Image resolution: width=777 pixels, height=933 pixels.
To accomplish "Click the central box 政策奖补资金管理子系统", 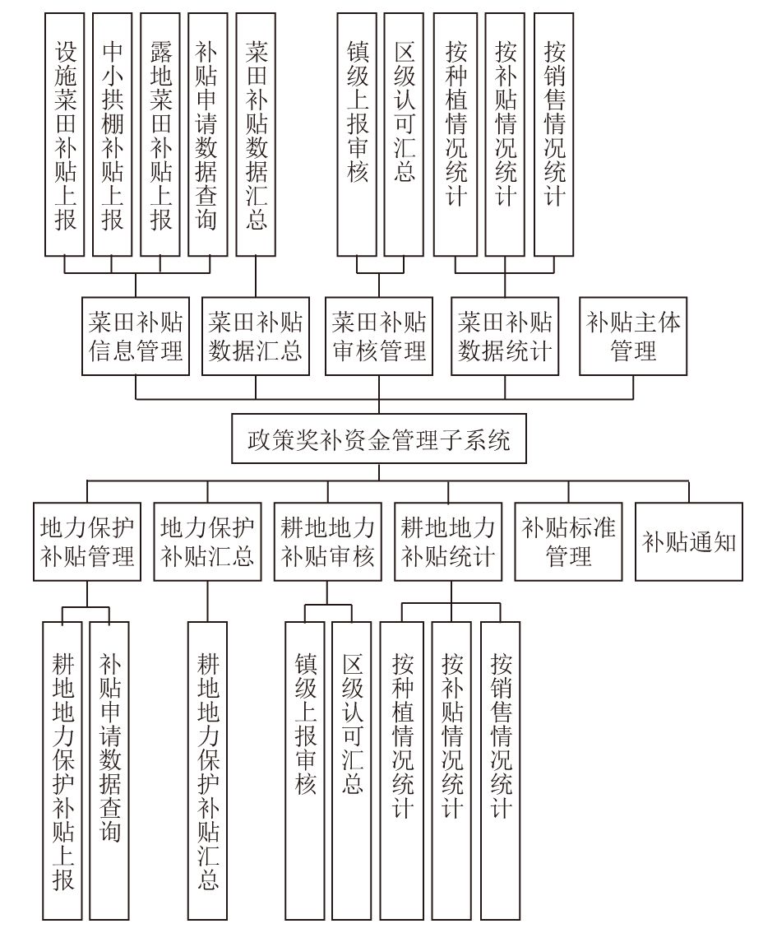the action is point(379,439).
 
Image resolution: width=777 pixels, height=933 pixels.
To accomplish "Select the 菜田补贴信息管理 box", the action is point(136,337).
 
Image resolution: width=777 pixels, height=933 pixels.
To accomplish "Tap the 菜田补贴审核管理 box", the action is point(379,337).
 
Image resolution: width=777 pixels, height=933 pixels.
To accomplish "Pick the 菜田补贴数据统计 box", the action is point(505,337).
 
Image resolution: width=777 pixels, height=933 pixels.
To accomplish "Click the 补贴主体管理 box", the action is point(633,337).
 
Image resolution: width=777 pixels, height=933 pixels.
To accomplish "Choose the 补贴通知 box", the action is point(689,541).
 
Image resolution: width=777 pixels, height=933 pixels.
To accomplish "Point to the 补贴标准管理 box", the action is point(568,541).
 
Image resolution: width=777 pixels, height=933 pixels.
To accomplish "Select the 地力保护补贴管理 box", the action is point(87,541).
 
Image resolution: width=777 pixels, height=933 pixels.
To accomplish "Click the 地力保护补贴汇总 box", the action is point(207,541).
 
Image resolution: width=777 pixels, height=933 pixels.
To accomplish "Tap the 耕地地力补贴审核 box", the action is point(327,541).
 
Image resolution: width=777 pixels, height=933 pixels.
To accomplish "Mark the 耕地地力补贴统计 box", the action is point(448,541).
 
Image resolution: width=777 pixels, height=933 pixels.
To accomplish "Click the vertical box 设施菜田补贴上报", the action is point(64,134).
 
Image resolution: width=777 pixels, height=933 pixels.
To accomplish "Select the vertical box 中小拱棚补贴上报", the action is point(113,134).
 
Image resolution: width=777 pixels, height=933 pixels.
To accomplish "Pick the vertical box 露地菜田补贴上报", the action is point(160,134).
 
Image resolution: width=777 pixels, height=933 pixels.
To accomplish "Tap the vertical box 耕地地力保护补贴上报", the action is point(62,771).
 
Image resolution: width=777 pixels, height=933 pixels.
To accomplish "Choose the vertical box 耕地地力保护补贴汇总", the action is point(207,771).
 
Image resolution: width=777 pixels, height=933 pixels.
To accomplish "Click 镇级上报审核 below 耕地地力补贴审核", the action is point(305,771).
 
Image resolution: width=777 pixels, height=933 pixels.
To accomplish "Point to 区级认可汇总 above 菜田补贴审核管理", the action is point(404,134).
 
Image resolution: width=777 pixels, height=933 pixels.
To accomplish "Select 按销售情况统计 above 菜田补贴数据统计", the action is point(554,134).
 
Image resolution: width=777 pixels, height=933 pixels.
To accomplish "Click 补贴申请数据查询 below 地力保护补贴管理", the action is point(109,771).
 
